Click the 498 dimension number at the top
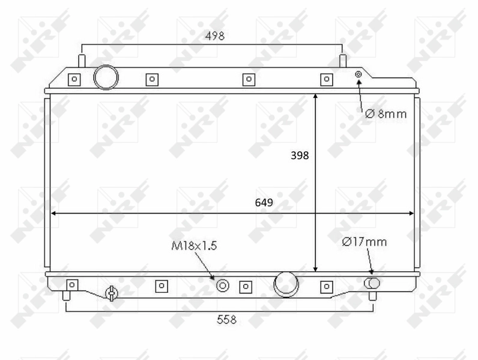click(x=214, y=36)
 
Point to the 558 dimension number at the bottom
click(x=226, y=320)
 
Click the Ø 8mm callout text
click(x=386, y=113)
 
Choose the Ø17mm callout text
click(x=364, y=242)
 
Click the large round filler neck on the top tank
click(x=106, y=77)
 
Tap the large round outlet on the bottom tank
click(x=286, y=284)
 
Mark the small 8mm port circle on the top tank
click(x=358, y=74)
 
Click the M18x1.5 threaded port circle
click(x=223, y=286)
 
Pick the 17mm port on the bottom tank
click(x=372, y=283)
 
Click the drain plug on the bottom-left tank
click(x=111, y=293)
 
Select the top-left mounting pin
click(x=82, y=61)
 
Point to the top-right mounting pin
click(x=343, y=61)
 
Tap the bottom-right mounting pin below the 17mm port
click(x=372, y=295)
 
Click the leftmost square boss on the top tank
click(x=74, y=79)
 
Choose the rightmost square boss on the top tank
click(x=326, y=79)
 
